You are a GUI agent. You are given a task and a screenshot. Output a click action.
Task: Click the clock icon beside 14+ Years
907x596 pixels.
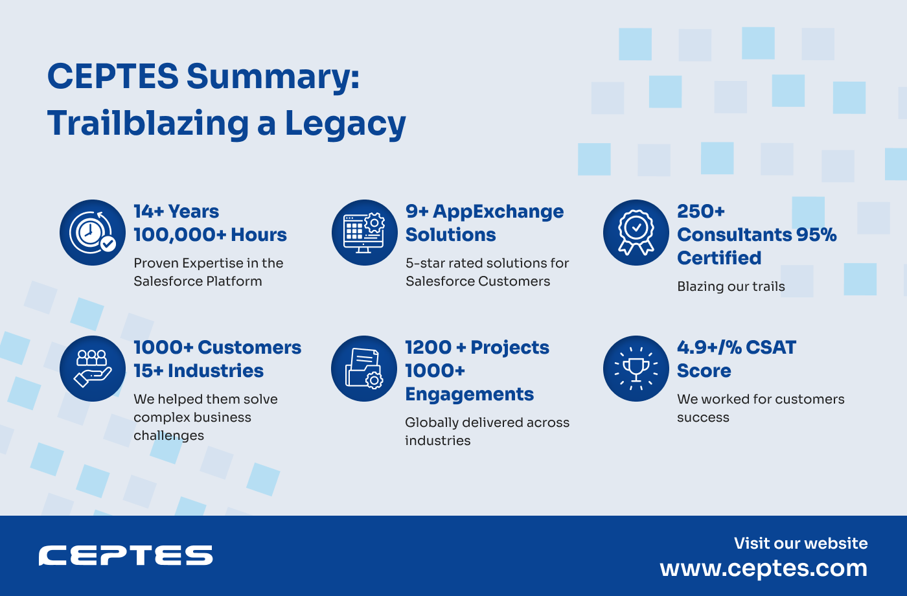[93, 233]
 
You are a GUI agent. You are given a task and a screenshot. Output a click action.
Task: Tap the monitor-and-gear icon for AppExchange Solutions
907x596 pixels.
[364, 233]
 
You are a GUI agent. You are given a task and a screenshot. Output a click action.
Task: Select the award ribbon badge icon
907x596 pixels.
[636, 233]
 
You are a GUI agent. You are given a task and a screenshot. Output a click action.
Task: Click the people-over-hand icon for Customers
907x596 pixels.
[93, 369]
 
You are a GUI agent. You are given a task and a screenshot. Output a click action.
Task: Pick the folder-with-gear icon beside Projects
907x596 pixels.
[364, 369]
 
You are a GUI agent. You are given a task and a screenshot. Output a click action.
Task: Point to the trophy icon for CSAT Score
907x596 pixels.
[636, 369]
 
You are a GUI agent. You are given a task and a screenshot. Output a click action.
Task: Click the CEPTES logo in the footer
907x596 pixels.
[126, 556]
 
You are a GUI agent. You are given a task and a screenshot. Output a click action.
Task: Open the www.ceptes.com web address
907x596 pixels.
[763, 568]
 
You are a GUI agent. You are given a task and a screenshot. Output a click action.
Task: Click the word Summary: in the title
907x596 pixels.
[273, 77]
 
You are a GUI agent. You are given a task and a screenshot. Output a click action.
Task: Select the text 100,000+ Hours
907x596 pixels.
[210, 235]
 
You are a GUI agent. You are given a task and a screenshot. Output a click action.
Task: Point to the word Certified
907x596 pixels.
[719, 258]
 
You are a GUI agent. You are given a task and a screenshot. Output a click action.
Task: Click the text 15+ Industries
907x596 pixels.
[198, 371]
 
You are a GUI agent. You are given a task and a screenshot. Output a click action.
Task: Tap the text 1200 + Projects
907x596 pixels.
[477, 348]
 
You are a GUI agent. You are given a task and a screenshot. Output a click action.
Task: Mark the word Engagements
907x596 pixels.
[469, 395]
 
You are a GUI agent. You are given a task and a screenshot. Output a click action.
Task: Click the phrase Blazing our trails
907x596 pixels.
[731, 287]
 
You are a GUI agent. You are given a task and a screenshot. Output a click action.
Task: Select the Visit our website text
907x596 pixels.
[801, 544]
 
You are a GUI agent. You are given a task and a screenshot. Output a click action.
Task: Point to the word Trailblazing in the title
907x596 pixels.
[148, 124]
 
